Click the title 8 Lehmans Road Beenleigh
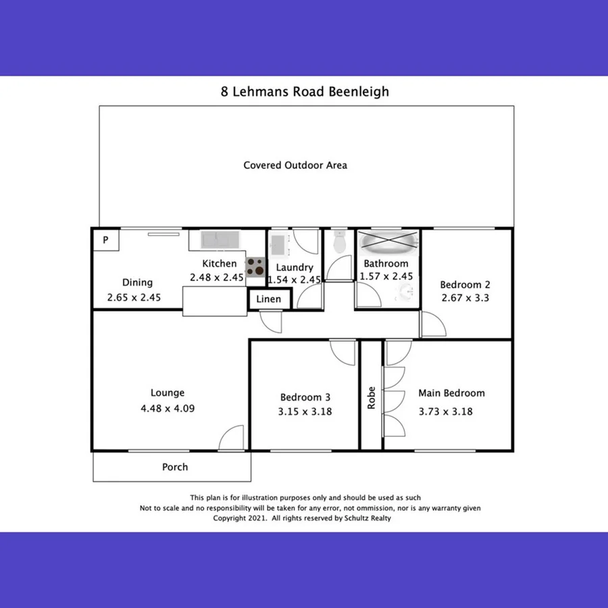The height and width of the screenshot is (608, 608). [x=305, y=91]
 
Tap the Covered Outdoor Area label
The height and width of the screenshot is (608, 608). [x=295, y=165]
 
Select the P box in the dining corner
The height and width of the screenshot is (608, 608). [x=105, y=239]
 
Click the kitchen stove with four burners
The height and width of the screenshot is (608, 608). [x=255, y=268]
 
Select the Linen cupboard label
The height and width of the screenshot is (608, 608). [x=268, y=299]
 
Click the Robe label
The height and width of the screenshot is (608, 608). [x=371, y=398]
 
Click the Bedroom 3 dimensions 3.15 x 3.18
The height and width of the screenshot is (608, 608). [x=305, y=411]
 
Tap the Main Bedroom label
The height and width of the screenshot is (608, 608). [x=451, y=393]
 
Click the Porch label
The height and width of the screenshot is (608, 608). [x=175, y=467]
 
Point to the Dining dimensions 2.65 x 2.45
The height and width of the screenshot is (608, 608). [x=134, y=297]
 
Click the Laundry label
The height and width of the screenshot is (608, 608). [x=295, y=267]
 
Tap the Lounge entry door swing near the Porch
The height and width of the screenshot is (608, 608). [x=232, y=437]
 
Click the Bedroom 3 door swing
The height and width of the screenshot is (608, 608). [x=343, y=351]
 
